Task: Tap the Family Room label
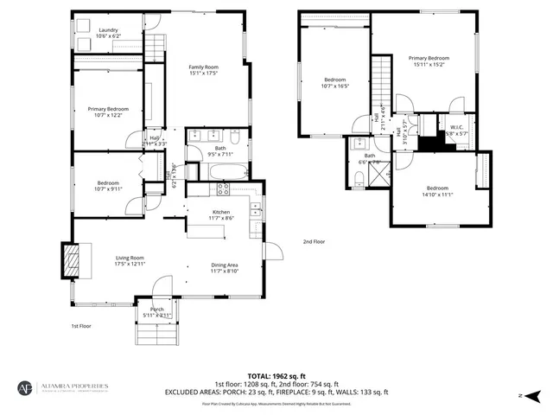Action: (x=204, y=67)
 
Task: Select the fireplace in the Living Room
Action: (x=72, y=258)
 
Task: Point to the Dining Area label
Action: (x=224, y=265)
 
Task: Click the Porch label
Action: (x=156, y=310)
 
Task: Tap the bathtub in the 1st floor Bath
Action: (x=219, y=170)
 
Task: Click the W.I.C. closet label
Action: (x=457, y=127)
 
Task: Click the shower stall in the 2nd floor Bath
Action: (x=377, y=175)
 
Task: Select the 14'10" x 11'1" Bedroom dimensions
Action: (x=437, y=195)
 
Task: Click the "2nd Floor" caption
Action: (x=314, y=242)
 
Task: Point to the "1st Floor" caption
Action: (x=81, y=326)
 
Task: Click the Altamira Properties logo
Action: (x=65, y=387)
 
